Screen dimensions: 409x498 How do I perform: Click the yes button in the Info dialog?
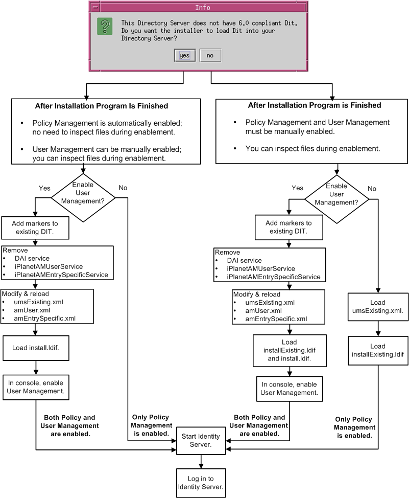click(x=185, y=56)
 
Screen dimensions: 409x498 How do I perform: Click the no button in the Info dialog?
click(x=210, y=56)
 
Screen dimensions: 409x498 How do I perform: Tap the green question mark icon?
click(x=105, y=27)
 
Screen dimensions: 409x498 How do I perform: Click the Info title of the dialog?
click(x=202, y=7)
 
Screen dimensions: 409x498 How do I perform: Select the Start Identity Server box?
click(x=201, y=441)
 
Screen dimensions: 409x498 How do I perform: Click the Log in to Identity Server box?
click(x=201, y=483)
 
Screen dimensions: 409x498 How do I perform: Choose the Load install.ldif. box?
click(x=36, y=348)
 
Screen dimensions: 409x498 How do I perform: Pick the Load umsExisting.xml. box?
click(x=378, y=307)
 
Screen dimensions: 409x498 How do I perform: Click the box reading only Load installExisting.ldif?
click(x=378, y=351)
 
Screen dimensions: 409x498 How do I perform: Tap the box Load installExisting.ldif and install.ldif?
click(x=290, y=351)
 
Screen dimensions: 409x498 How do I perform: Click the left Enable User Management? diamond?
click(x=83, y=197)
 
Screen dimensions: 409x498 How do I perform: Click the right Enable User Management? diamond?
click(x=336, y=199)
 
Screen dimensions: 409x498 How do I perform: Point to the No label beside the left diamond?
click(x=123, y=188)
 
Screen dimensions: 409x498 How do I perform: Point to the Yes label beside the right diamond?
click(x=297, y=188)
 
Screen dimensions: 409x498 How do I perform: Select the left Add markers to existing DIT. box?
click(x=35, y=228)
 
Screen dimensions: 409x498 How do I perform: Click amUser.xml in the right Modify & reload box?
click(x=263, y=311)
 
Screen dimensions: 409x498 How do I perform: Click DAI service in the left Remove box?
click(x=32, y=259)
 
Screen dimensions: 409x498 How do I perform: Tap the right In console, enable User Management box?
click(x=290, y=389)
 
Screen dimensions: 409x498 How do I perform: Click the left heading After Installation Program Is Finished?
click(x=102, y=106)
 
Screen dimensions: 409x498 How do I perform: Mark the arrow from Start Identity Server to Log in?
click(x=201, y=462)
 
